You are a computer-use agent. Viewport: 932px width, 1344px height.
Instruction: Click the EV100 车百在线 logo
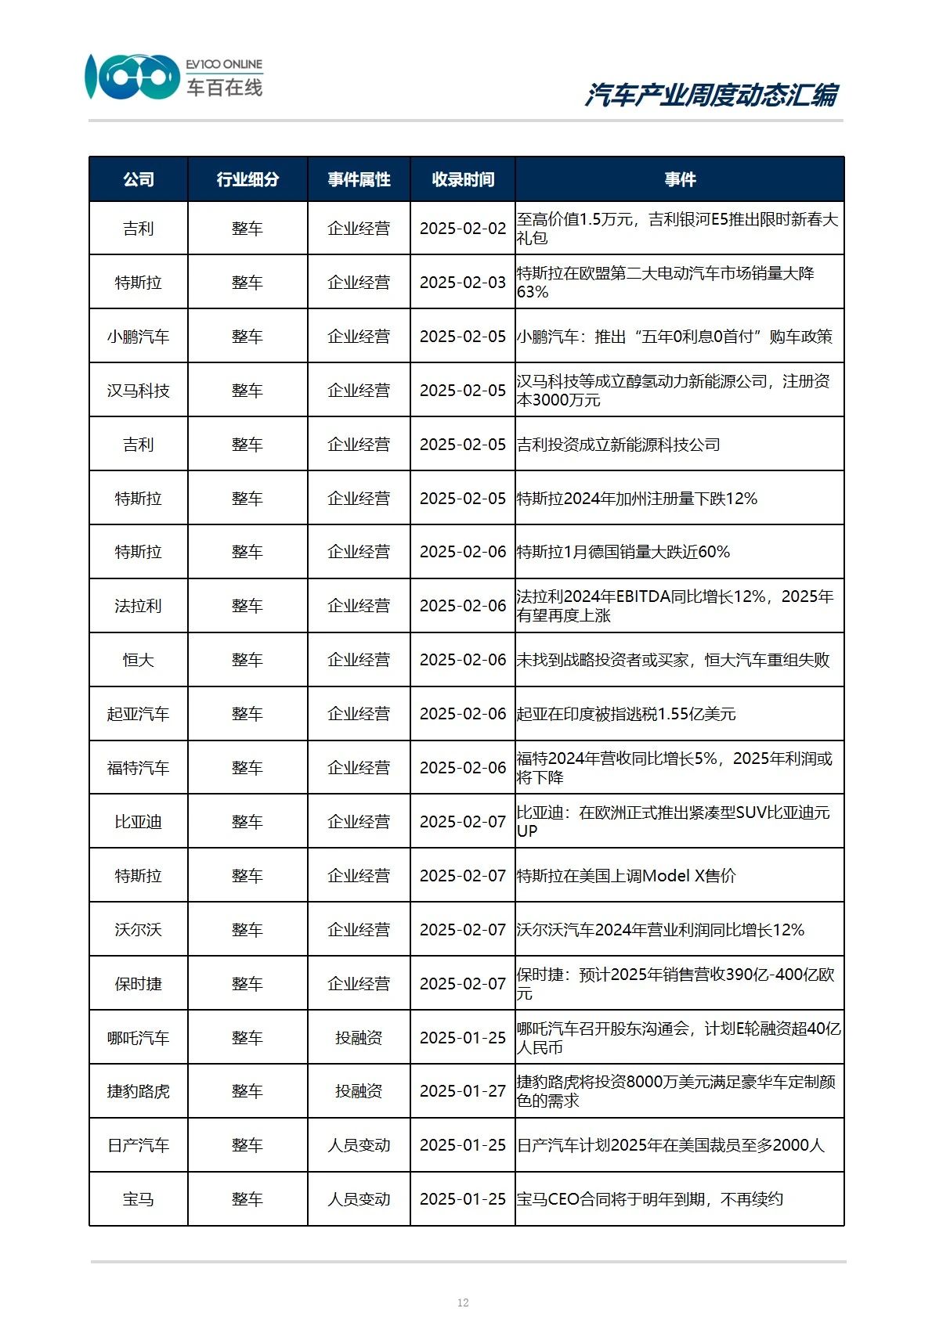(174, 77)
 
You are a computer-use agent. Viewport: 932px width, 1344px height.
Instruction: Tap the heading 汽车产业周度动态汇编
(711, 95)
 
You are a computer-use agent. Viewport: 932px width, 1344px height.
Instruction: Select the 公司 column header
(139, 179)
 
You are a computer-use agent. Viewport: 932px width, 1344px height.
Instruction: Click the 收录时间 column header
(463, 179)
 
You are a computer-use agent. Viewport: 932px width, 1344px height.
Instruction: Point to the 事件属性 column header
(359, 179)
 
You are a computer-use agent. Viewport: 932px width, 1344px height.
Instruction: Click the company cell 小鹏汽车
(139, 337)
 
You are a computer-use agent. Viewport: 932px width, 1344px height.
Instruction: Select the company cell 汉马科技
(139, 391)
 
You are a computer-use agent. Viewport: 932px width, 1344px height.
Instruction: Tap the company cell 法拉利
(139, 606)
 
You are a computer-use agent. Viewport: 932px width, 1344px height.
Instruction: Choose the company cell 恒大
(139, 660)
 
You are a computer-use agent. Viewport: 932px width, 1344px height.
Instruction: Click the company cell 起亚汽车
(139, 714)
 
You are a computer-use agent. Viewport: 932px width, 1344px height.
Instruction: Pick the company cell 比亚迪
(139, 822)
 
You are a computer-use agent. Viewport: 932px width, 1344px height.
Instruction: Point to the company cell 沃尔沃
(139, 930)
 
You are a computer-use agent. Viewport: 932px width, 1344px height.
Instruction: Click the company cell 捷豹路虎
(139, 1091)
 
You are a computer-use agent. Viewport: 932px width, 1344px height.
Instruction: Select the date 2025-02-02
(463, 229)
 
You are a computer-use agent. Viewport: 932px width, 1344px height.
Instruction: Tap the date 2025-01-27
(463, 1091)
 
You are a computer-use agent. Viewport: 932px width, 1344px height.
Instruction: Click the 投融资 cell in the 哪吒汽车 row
(359, 1038)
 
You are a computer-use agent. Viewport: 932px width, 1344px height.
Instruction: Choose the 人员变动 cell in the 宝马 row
(359, 1199)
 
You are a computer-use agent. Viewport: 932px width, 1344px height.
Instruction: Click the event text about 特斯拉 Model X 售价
(627, 876)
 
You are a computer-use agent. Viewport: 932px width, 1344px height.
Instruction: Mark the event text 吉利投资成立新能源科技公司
(619, 445)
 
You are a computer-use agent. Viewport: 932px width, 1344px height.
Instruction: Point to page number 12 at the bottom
(463, 1303)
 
